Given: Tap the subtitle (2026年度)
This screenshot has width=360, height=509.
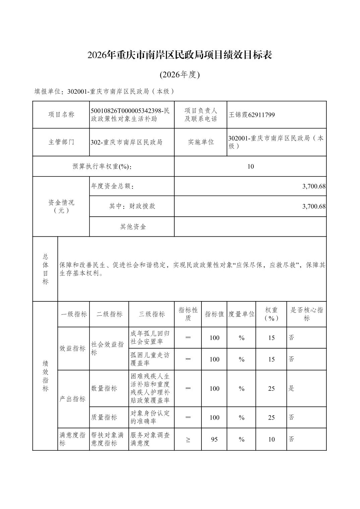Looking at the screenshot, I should (x=180, y=75).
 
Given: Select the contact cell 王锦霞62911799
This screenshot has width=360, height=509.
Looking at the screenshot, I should (x=252, y=115).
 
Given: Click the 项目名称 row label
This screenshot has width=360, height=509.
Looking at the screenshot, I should (x=61, y=115).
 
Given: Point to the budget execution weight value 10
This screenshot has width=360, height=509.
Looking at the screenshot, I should (x=250, y=166).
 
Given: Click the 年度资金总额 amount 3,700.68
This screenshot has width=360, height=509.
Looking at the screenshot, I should (x=314, y=186).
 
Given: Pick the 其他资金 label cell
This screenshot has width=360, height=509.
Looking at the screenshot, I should (x=133, y=227).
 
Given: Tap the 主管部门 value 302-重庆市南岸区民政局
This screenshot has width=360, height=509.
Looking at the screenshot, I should (x=126, y=142).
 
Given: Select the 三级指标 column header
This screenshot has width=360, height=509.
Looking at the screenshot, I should (x=152, y=314).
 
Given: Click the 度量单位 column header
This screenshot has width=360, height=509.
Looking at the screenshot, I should (x=241, y=314).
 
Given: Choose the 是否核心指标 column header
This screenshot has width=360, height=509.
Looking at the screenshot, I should (x=306, y=314).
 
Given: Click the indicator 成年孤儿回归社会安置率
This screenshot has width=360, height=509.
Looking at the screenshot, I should (x=150, y=338).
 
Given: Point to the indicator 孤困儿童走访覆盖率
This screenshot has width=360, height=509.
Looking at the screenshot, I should (x=150, y=359).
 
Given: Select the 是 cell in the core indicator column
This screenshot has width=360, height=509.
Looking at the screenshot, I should (x=291, y=388).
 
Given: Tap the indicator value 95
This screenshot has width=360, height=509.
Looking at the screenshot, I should (x=214, y=439).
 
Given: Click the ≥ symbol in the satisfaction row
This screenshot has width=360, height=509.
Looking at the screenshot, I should (x=188, y=439).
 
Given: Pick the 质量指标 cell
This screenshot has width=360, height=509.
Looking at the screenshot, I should (x=104, y=417).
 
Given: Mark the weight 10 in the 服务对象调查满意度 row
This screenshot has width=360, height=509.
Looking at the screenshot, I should (x=271, y=439).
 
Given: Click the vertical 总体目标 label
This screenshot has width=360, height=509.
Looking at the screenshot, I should (x=45, y=269).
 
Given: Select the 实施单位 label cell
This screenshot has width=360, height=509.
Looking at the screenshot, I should (x=200, y=142).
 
